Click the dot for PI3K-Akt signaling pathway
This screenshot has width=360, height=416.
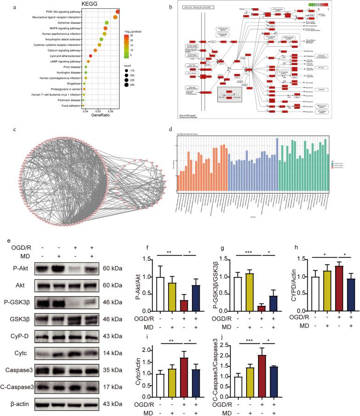(118, 11)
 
